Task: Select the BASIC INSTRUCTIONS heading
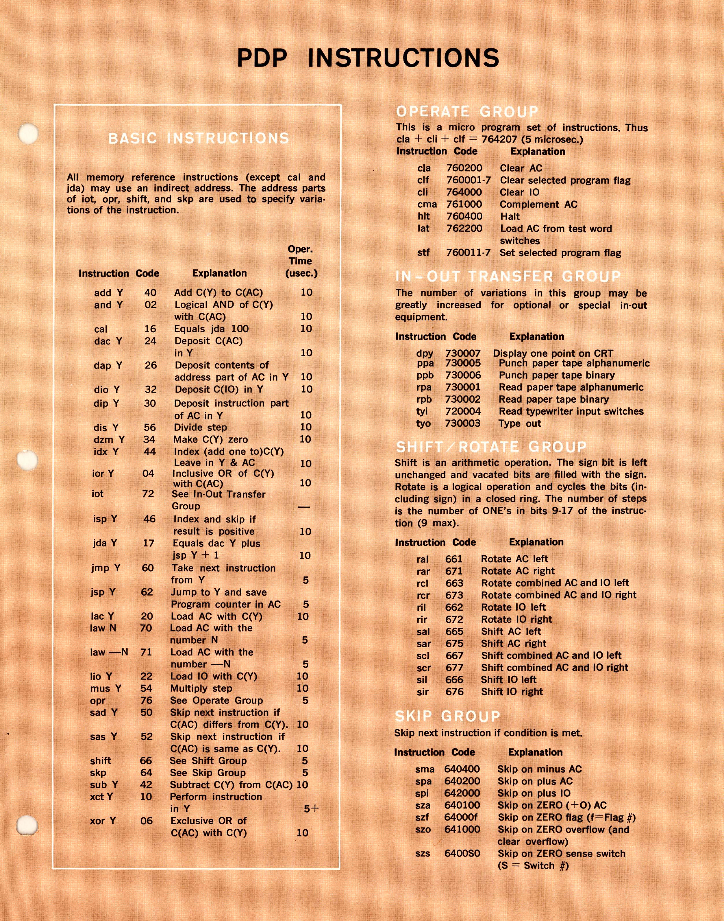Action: (x=199, y=138)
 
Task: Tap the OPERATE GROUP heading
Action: (x=467, y=112)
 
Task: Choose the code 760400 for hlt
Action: (x=464, y=216)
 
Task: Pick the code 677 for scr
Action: (x=454, y=667)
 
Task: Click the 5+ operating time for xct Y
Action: (x=311, y=808)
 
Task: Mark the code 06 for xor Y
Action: (x=146, y=821)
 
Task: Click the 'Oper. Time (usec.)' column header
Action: (x=301, y=261)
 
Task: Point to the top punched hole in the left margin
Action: (x=28, y=134)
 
